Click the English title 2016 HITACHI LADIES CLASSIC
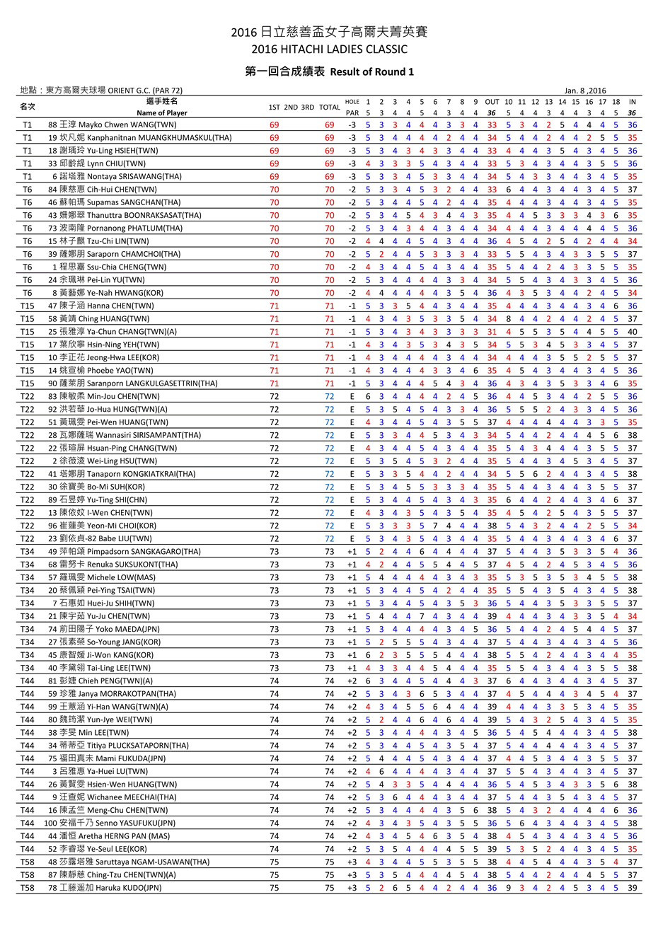329,49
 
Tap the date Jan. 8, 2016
585,91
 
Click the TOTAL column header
329,108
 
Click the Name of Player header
162,112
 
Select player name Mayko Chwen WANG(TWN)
127,125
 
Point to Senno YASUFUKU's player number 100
50,823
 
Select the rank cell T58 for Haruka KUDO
27,888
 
